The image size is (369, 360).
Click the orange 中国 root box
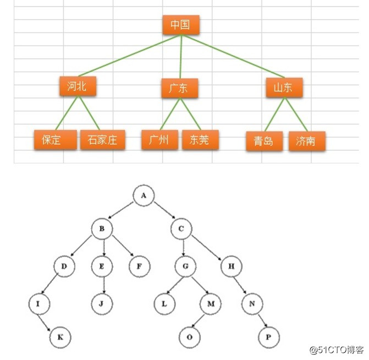click(180, 25)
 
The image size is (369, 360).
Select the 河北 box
click(78, 86)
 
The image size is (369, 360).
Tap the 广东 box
click(179, 88)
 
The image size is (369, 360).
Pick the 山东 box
click(284, 88)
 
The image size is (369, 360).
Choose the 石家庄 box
click(102, 140)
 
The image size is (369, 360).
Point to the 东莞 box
click(200, 140)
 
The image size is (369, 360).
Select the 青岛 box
click(264, 141)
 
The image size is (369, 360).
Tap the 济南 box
click(306, 141)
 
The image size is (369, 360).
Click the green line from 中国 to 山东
click(234, 57)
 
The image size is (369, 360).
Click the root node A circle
click(144, 195)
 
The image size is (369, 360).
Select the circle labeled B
click(102, 228)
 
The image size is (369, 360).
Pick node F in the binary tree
click(140, 268)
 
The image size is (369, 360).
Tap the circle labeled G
click(186, 268)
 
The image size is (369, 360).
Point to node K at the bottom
click(60, 336)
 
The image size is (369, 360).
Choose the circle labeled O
click(190, 336)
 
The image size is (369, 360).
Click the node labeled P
click(268, 336)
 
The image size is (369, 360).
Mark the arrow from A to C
click(163, 212)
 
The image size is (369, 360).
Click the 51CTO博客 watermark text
click(336, 350)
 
